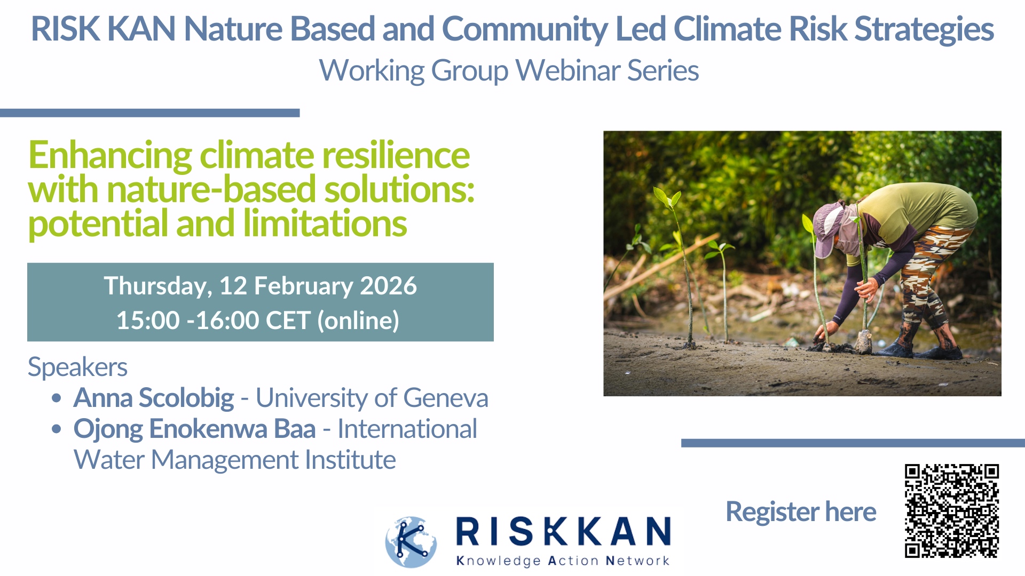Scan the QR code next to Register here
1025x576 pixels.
click(x=951, y=511)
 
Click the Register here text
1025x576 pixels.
click(x=801, y=512)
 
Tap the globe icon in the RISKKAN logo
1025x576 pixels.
click(x=411, y=542)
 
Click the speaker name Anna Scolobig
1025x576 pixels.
click(x=154, y=398)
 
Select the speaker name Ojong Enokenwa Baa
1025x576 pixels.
click(x=195, y=429)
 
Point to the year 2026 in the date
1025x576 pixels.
click(x=388, y=286)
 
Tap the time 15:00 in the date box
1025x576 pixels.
click(x=148, y=321)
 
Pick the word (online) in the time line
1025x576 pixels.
click(x=358, y=321)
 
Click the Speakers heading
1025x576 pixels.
click(x=77, y=367)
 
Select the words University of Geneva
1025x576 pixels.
click(x=372, y=398)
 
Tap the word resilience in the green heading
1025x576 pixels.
click(x=396, y=155)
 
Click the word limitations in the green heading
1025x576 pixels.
click(x=325, y=223)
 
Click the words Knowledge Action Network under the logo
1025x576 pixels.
click(x=563, y=561)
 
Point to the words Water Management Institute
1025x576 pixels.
click(x=234, y=460)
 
